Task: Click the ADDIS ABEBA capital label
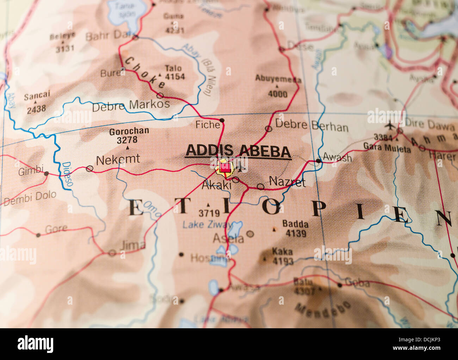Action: pyautogui.click(x=238, y=151)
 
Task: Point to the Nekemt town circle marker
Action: pyautogui.click(x=90, y=169)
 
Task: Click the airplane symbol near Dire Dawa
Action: pyautogui.click(x=390, y=125)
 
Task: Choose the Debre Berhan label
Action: pyautogui.click(x=311, y=125)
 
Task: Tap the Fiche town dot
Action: pyautogui.click(x=222, y=121)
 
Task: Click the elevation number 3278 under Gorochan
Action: pyautogui.click(x=127, y=140)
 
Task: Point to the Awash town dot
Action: pyautogui.click(x=318, y=161)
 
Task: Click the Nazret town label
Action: pyautogui.click(x=287, y=182)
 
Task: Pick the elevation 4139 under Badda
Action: pyautogui.click(x=296, y=233)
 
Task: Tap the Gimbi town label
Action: pyautogui.click(x=31, y=171)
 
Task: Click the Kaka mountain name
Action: pyautogui.click(x=282, y=251)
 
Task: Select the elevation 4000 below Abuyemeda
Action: pyautogui.click(x=278, y=94)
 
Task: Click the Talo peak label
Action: pyautogui.click(x=173, y=68)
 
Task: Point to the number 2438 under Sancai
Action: pyautogui.click(x=36, y=109)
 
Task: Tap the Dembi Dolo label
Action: pyautogui.click(x=30, y=198)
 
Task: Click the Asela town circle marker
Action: pyautogui.click(x=250, y=233)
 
